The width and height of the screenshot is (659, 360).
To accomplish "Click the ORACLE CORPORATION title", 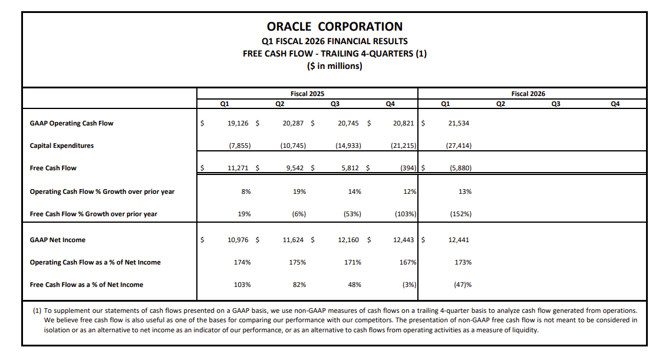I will pyautogui.click(x=335, y=27).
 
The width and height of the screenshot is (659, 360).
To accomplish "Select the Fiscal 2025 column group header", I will pyautogui.click(x=307, y=94).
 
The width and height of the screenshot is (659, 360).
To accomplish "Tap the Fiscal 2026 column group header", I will pyautogui.click(x=528, y=94).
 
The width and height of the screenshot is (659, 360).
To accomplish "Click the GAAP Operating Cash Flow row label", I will pyautogui.click(x=71, y=123).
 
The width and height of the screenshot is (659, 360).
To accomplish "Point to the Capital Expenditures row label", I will pyautogui.click(x=61, y=146).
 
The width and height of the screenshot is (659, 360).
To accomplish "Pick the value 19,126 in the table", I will pyautogui.click(x=238, y=123).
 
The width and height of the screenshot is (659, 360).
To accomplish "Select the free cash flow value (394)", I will pyautogui.click(x=407, y=168).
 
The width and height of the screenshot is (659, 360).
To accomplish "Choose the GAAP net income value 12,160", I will pyautogui.click(x=350, y=240).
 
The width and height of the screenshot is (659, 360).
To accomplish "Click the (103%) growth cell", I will pyautogui.click(x=406, y=214).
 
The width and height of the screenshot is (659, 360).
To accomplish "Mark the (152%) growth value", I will pyautogui.click(x=460, y=214).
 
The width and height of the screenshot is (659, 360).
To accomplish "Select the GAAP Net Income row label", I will pyautogui.click(x=57, y=240).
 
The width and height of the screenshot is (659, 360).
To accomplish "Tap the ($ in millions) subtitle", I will pyautogui.click(x=335, y=66).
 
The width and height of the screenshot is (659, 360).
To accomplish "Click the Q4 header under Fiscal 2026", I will pyautogui.click(x=615, y=104).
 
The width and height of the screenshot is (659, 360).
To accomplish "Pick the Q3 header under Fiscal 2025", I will pyautogui.click(x=335, y=104).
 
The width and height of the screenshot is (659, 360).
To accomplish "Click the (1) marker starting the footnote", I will pyautogui.click(x=37, y=310).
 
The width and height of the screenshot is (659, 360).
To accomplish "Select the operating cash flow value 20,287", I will pyautogui.click(x=294, y=123).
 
